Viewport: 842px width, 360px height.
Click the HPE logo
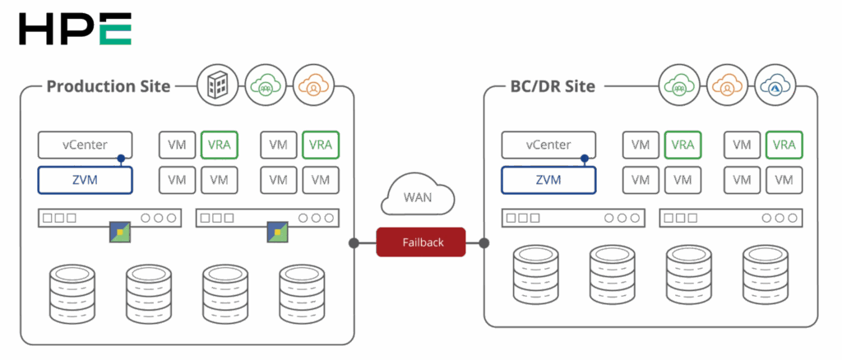(x=75, y=29)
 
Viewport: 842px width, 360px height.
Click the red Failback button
(x=422, y=242)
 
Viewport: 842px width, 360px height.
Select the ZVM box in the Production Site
(x=86, y=178)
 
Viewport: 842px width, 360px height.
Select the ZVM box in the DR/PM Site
(x=549, y=178)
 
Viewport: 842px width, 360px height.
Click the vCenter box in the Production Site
(x=86, y=145)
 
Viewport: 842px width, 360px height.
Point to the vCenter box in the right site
(x=549, y=145)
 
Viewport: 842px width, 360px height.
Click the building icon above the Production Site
(x=217, y=85)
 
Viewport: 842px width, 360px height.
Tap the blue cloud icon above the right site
(x=775, y=85)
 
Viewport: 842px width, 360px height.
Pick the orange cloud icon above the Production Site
(x=313, y=85)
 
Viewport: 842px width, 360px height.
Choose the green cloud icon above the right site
(x=679, y=85)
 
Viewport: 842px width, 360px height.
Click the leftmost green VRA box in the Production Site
(x=219, y=145)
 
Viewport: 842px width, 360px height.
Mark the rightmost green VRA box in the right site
(x=784, y=145)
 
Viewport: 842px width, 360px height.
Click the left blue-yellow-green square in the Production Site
(x=120, y=233)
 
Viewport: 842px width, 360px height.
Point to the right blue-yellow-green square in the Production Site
(x=277, y=233)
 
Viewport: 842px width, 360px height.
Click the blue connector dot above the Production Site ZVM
(x=122, y=159)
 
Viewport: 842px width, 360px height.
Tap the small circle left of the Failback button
(x=352, y=242)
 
